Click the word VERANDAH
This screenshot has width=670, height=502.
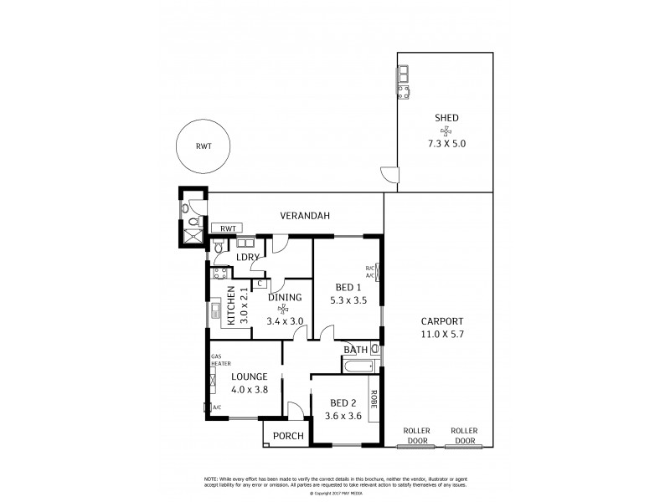[305, 216]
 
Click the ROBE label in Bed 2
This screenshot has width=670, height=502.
[374, 403]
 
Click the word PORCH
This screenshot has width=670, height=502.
[287, 435]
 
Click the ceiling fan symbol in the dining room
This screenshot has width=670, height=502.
[283, 307]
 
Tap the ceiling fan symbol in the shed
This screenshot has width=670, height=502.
[445, 131]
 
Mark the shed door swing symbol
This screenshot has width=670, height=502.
[389, 175]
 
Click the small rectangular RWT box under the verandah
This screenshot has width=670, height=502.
[227, 228]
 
